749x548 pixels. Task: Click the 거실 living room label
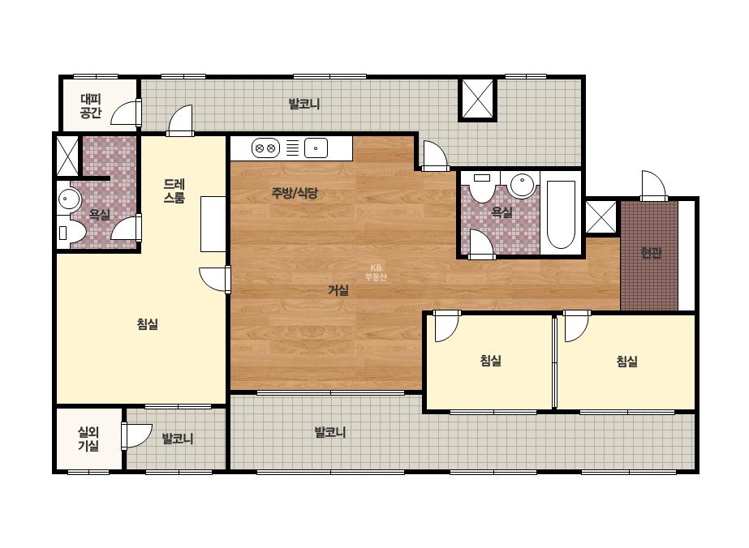pyautogui.click(x=338, y=290)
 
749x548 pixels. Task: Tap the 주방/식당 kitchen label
pyautogui.click(x=295, y=193)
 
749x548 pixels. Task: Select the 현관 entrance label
pyautogui.click(x=651, y=253)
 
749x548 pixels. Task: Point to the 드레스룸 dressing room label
pyautogui.click(x=174, y=191)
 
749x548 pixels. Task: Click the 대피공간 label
pyautogui.click(x=91, y=106)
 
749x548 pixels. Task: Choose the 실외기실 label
pyautogui.click(x=88, y=439)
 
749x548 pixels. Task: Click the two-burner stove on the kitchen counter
pyautogui.click(x=265, y=148)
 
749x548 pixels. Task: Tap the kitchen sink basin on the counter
pyautogui.click(x=316, y=148)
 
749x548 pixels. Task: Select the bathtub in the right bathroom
pyautogui.click(x=561, y=214)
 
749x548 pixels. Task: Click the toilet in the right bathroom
pyautogui.click(x=483, y=186)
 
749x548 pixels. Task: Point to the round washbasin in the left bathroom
pyautogui.click(x=70, y=199)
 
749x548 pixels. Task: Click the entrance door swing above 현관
pyautogui.click(x=653, y=185)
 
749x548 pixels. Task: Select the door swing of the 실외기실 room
pyautogui.click(x=136, y=435)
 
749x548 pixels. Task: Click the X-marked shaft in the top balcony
pyautogui.click(x=478, y=98)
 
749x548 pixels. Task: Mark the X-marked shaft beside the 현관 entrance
pyautogui.click(x=601, y=217)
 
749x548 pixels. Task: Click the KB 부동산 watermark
pyautogui.click(x=376, y=272)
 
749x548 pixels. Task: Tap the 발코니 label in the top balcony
pyautogui.click(x=304, y=104)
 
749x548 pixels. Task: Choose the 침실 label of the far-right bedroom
pyautogui.click(x=626, y=362)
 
